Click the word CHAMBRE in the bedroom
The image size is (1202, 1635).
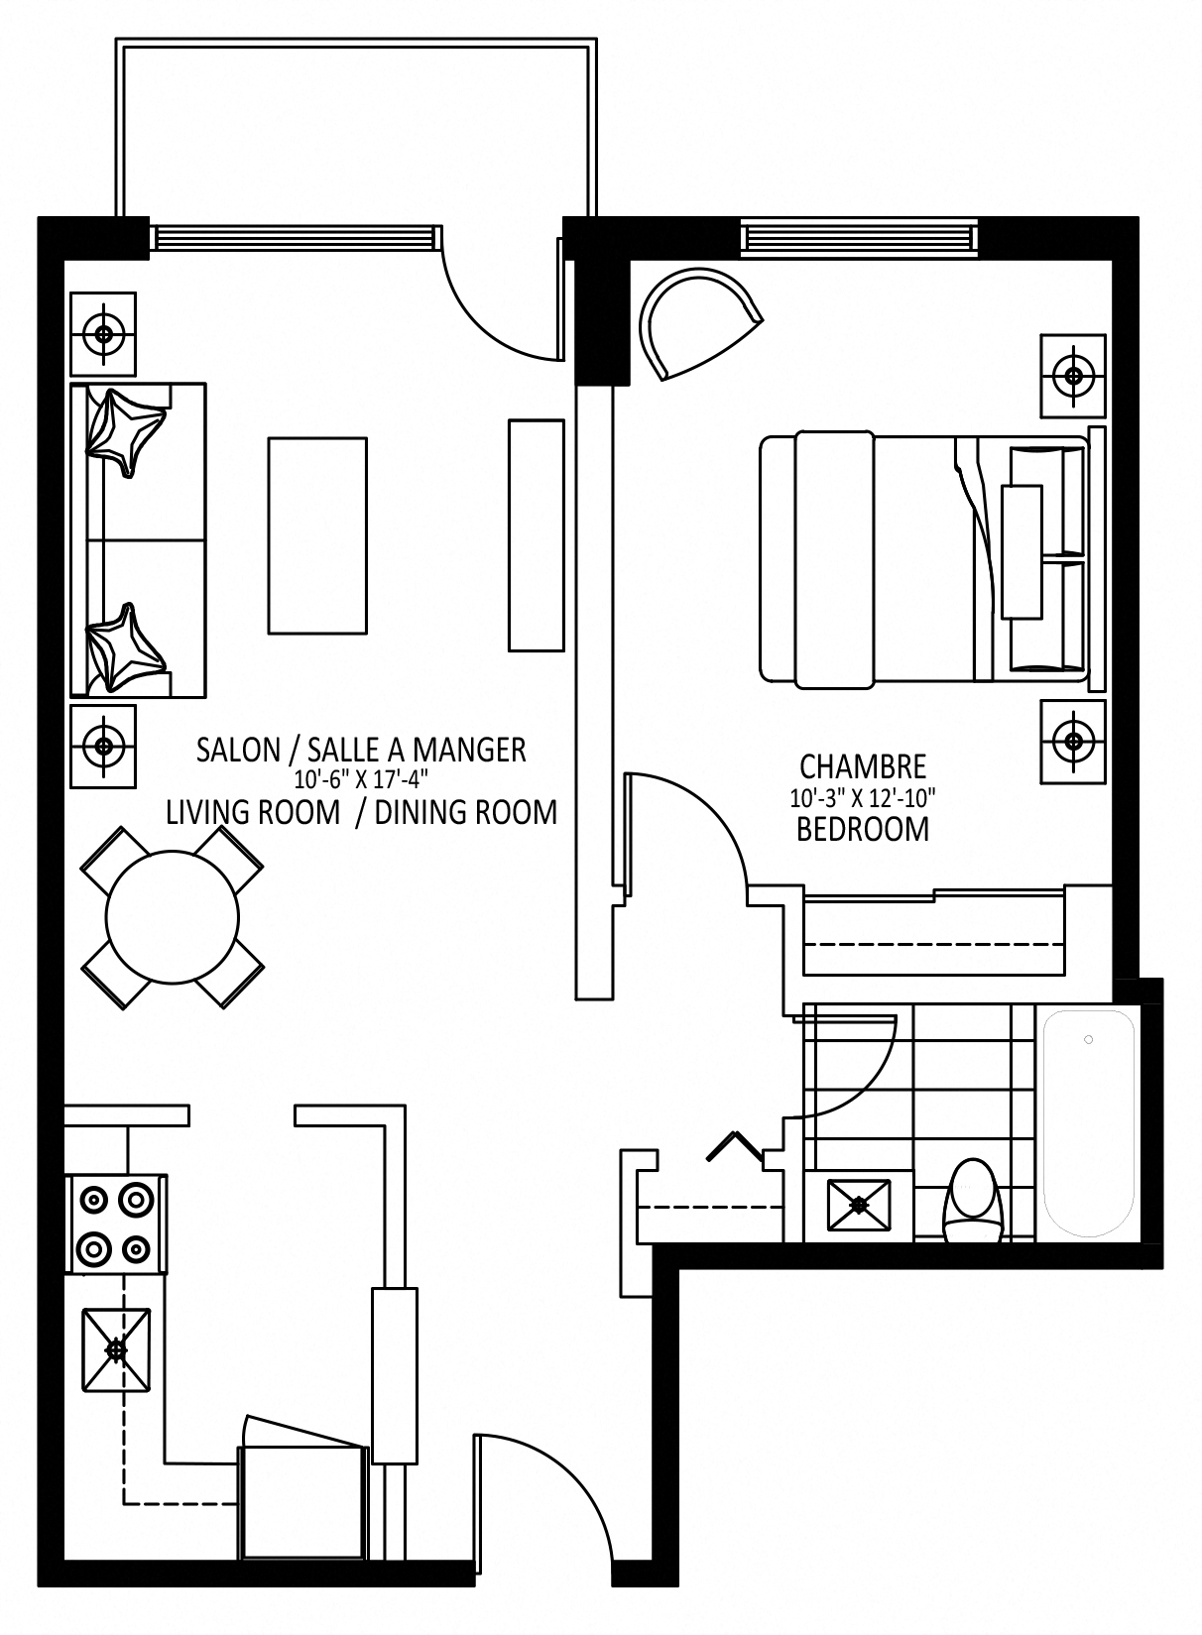click(863, 767)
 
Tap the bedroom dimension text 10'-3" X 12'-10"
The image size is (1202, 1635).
click(863, 798)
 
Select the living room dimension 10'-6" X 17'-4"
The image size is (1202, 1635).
click(361, 779)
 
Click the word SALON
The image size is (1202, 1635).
click(238, 751)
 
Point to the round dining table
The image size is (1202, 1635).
click(173, 917)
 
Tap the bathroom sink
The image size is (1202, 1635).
click(859, 1205)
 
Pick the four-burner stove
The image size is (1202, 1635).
click(116, 1225)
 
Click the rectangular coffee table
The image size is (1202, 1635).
click(317, 535)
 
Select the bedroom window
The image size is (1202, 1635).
click(858, 238)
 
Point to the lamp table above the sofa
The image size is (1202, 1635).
click(103, 334)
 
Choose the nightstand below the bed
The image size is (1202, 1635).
click(1073, 743)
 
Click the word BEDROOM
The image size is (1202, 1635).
click(863, 829)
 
